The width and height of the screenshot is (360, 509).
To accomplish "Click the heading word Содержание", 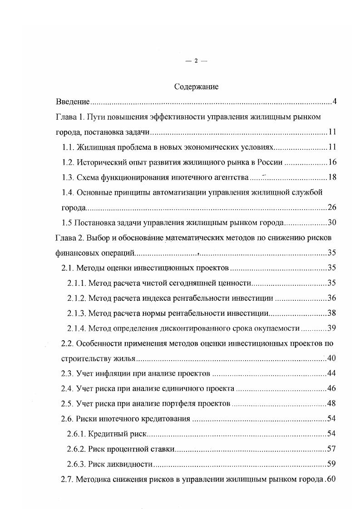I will (196, 87).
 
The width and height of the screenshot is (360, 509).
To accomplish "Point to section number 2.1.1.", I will (76, 283).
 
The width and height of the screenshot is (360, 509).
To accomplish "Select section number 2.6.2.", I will (76, 449).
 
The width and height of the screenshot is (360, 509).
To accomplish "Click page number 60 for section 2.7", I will (330, 480).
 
